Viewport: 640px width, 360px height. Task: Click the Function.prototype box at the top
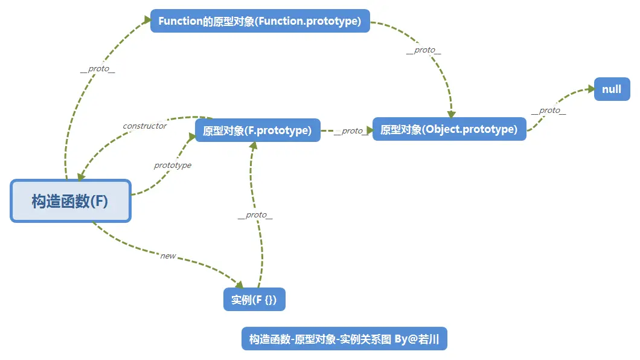pyautogui.click(x=260, y=21)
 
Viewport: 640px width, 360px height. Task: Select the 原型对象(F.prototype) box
pyautogui.click(x=257, y=130)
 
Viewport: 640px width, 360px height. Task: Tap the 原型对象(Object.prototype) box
pyautogui.click(x=449, y=129)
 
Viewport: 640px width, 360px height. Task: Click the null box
pyautogui.click(x=612, y=89)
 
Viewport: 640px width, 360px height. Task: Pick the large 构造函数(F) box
pyautogui.click(x=70, y=201)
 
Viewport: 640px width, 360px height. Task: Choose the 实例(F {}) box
pyautogui.click(x=254, y=300)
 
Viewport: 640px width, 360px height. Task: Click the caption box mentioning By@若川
pyautogui.click(x=344, y=339)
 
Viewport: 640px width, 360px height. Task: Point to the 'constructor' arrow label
pyautogui.click(x=144, y=126)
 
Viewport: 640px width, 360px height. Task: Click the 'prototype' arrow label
pyautogui.click(x=172, y=165)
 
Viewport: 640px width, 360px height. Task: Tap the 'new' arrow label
pyautogui.click(x=168, y=256)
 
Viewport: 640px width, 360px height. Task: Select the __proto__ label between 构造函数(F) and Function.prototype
pyautogui.click(x=97, y=69)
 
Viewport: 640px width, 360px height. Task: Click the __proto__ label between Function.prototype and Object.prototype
pyautogui.click(x=423, y=50)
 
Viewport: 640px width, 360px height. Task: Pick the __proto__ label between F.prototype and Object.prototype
pyautogui.click(x=351, y=130)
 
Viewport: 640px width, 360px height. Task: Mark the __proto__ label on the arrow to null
pyautogui.click(x=548, y=111)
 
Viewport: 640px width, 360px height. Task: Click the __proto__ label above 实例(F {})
pyautogui.click(x=255, y=215)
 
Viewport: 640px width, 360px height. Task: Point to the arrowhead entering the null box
pyautogui.click(x=590, y=89)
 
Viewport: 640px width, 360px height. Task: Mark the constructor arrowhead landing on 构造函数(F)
pyautogui.click(x=81, y=176)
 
